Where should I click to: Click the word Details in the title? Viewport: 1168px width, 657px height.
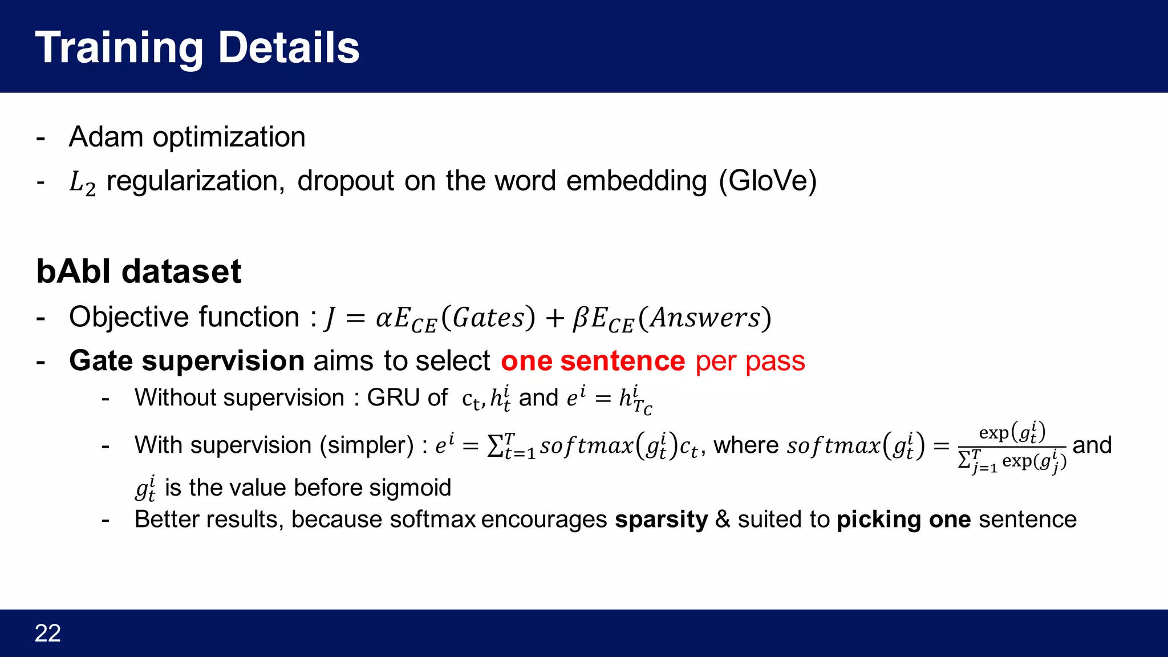point(289,47)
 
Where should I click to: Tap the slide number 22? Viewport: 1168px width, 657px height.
point(48,633)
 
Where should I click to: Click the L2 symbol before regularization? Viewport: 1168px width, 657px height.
point(82,182)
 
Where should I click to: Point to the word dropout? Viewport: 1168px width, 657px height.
point(346,181)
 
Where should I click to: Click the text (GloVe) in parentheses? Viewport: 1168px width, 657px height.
point(768,181)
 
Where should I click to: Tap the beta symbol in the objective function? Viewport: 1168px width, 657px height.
point(581,318)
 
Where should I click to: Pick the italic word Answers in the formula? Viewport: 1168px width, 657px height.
point(705,318)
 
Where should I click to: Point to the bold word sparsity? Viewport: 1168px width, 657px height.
point(661,520)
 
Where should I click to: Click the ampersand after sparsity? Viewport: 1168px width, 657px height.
point(723,520)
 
